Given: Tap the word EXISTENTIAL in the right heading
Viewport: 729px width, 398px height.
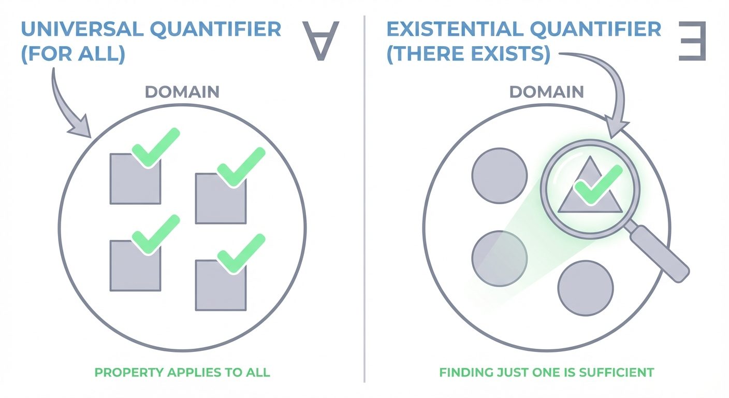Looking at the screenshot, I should click(x=456, y=29).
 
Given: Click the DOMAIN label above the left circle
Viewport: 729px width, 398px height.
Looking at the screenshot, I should click(x=182, y=92).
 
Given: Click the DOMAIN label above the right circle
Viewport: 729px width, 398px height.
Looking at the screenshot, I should click(x=546, y=92).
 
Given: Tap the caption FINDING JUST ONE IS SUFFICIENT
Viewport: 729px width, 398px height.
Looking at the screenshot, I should click(x=547, y=372).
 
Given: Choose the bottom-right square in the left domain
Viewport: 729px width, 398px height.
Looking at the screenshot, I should click(x=221, y=288).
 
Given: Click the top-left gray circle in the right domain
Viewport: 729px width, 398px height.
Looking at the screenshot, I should click(x=499, y=175).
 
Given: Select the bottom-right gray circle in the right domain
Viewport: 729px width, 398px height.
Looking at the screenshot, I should click(x=586, y=288).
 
